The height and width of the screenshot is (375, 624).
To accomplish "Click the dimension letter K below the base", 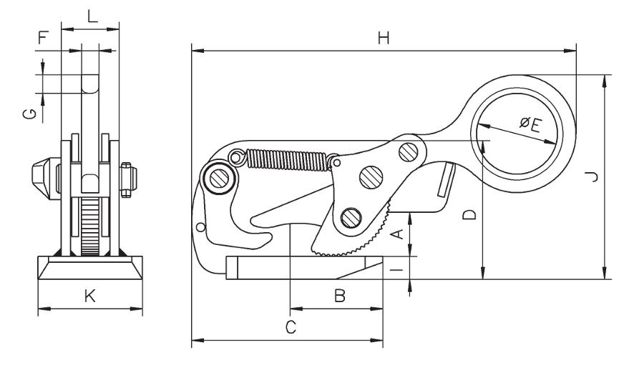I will coord(89,296).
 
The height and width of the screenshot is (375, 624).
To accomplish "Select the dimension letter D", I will coord(470,214).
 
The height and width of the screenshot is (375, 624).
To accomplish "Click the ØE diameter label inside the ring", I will coord(530,126).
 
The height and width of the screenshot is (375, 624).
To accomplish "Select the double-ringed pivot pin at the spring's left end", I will coord(218,176).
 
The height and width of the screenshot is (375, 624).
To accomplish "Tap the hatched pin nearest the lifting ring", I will coord(409,151).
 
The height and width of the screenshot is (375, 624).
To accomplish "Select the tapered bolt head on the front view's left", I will coord(42,174).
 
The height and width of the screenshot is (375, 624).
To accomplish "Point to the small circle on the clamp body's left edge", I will coord(200,227).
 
